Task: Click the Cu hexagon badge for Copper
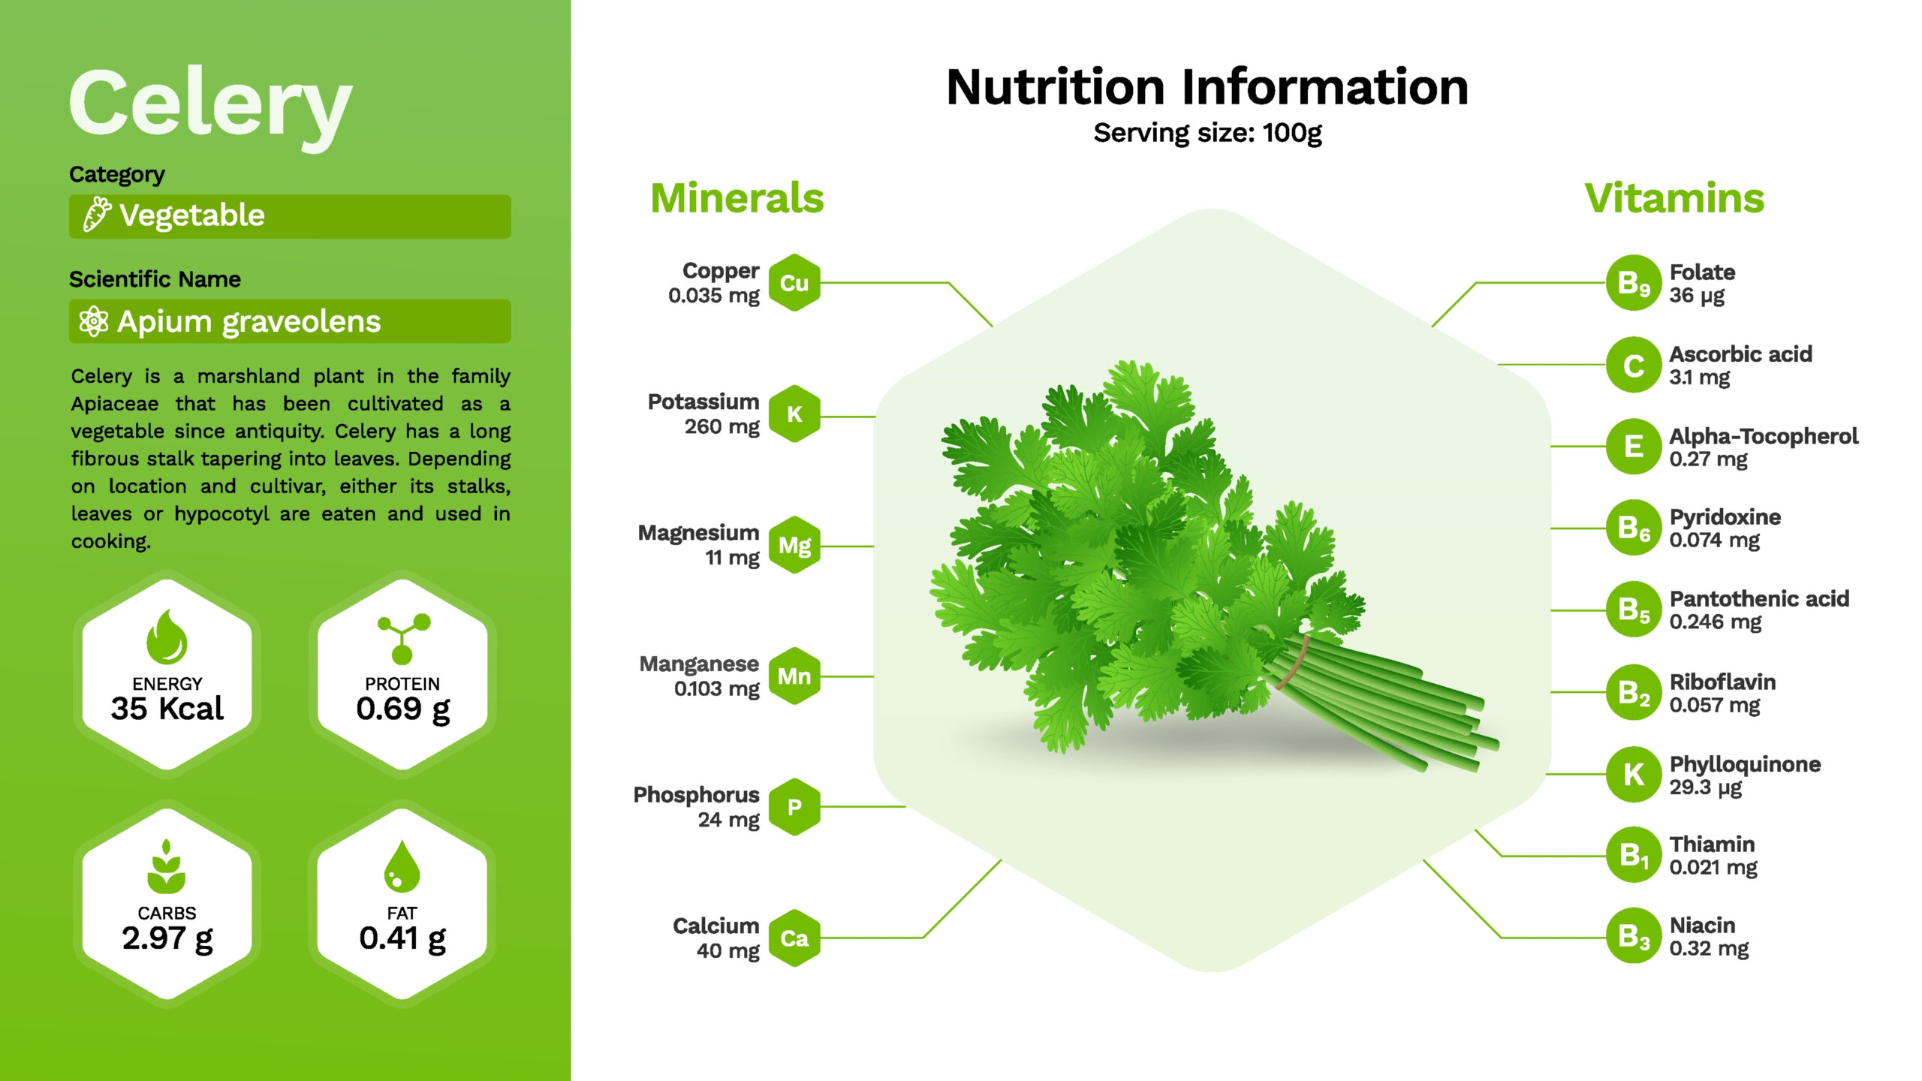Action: [x=794, y=283]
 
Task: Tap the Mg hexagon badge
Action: [x=794, y=546]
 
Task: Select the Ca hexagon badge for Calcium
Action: [x=794, y=938]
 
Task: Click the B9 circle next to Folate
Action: [x=1634, y=283]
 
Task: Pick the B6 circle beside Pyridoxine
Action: [x=1634, y=528]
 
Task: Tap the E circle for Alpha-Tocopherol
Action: [x=1634, y=446]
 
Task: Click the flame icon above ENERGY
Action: [x=167, y=637]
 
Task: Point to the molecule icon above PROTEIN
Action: [x=403, y=639]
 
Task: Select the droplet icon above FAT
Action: [x=402, y=866]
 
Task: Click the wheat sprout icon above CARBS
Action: [x=167, y=866]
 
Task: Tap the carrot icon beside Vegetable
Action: [x=96, y=215]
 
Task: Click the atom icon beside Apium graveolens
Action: [x=94, y=321]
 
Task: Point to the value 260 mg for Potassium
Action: [x=722, y=427]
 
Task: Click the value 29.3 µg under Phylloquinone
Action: [x=1706, y=787]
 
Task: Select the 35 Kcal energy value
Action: [x=167, y=709]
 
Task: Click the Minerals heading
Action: [x=737, y=198]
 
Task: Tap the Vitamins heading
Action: [x=1674, y=198]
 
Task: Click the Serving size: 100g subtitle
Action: [x=1207, y=133]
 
